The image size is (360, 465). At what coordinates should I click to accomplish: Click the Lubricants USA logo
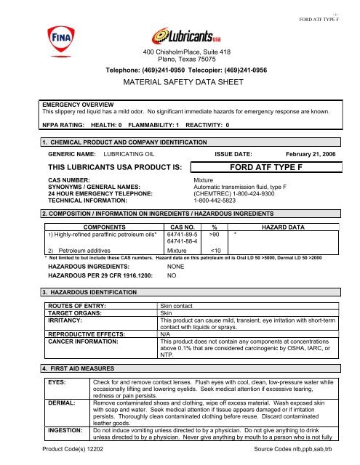(x=180, y=36)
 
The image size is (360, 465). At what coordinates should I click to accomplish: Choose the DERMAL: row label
(x=61, y=401)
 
